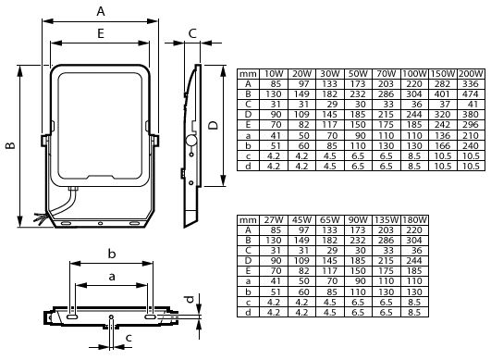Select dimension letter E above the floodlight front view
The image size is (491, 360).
(x=101, y=31)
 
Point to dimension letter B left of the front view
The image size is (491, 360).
(x=9, y=144)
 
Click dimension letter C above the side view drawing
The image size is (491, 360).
(x=191, y=34)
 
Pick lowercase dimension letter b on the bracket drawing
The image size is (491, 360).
(x=111, y=254)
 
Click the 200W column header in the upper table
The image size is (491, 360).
(x=470, y=72)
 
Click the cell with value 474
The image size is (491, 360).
(x=470, y=93)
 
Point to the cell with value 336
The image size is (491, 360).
(x=470, y=83)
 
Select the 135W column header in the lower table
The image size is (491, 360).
(x=386, y=219)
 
